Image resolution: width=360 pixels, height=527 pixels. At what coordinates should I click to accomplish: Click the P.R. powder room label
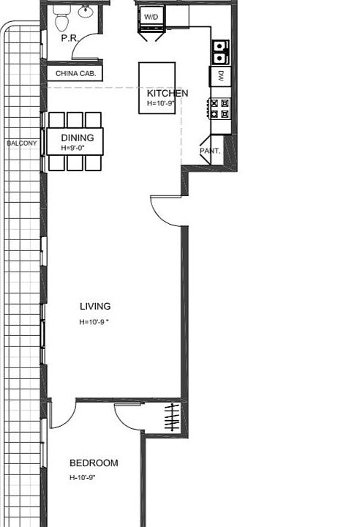(x=70, y=38)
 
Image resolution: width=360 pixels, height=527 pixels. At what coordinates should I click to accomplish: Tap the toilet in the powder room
(x=62, y=19)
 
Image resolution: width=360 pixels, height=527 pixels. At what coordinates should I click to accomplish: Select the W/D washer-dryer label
(x=151, y=16)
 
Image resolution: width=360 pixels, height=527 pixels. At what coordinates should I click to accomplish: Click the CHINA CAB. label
(x=74, y=73)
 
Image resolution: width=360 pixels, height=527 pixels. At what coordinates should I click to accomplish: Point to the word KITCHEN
(x=168, y=93)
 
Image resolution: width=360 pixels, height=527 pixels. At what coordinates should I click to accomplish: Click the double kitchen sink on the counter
(x=220, y=51)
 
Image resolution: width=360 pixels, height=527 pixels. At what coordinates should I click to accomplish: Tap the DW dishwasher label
(x=220, y=76)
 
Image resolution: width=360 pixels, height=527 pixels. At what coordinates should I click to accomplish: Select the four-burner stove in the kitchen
(x=220, y=108)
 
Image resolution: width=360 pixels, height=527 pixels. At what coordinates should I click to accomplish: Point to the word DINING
(x=77, y=138)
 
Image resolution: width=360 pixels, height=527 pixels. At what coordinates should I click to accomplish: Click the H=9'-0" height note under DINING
(x=73, y=148)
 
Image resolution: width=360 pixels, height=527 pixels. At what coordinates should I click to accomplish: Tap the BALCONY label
(x=21, y=143)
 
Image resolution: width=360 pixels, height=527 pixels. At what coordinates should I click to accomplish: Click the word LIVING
(x=95, y=307)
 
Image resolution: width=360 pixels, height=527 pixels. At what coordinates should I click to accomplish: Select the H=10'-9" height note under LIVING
(x=94, y=322)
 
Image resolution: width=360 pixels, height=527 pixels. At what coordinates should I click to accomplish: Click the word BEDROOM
(x=94, y=463)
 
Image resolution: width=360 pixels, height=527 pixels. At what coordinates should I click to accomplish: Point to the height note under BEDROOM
(x=83, y=477)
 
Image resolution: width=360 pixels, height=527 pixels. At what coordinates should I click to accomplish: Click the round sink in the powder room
(x=86, y=11)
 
